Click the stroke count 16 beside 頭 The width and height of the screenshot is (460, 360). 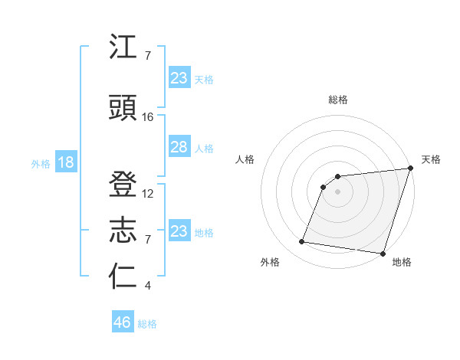click(x=148, y=117)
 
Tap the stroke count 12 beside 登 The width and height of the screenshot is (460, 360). click(x=148, y=194)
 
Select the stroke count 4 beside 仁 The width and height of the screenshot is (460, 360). click(x=147, y=286)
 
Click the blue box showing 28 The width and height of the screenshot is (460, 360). click(x=179, y=147)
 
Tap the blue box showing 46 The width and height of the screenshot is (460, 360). click(x=123, y=322)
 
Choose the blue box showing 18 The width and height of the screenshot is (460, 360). click(x=65, y=162)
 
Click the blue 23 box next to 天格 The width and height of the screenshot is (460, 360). click(x=179, y=78)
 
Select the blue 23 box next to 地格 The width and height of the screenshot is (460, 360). click(x=179, y=231)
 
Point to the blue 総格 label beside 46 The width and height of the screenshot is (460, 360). click(x=147, y=324)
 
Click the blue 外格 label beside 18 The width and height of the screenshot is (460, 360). click(x=41, y=163)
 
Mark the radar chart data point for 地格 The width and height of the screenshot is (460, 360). click(x=383, y=254)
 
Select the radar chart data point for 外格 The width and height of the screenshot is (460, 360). click(x=302, y=242)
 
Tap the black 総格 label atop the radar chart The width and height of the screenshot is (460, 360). click(x=337, y=100)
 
